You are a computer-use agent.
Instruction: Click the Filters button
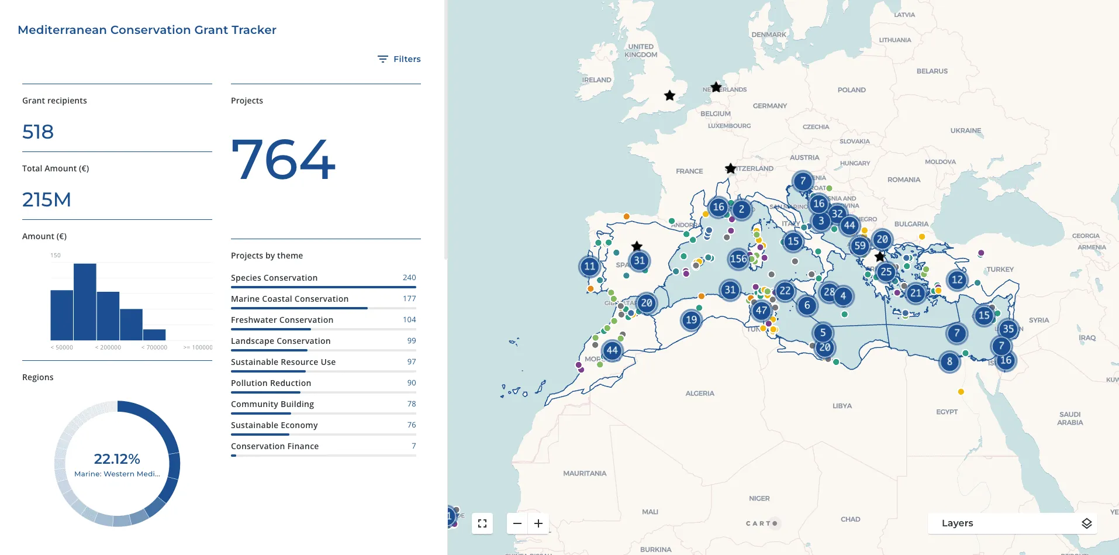point(399,59)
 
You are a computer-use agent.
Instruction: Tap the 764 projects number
point(284,159)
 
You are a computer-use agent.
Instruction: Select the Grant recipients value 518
point(38,132)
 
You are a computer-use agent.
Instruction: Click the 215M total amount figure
point(47,200)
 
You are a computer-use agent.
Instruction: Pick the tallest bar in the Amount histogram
point(85,302)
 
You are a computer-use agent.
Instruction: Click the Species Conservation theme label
point(274,278)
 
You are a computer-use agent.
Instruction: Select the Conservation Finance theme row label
point(275,446)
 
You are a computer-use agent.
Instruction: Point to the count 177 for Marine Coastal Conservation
point(409,299)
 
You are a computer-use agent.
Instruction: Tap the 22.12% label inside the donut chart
point(117,459)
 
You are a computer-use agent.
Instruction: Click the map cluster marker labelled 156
point(738,258)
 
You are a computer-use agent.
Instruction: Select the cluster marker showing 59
point(859,246)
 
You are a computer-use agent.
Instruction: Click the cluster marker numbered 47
point(761,311)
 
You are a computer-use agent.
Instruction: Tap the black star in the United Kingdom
point(670,95)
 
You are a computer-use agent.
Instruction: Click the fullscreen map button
point(482,523)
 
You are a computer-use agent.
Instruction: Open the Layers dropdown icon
point(1086,523)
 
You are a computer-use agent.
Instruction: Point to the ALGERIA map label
point(700,394)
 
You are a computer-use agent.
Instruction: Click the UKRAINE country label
point(966,130)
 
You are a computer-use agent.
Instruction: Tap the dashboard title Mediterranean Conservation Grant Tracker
point(147,30)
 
